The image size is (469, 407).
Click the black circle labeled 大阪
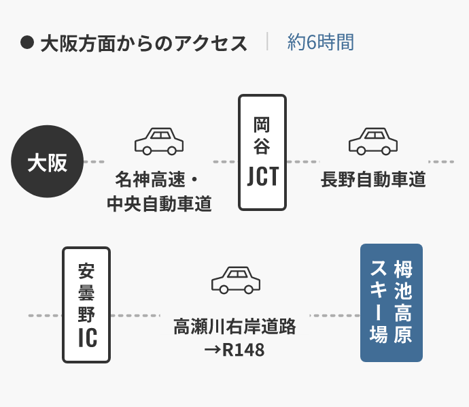click(47, 162)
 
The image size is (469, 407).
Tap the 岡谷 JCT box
click(262, 152)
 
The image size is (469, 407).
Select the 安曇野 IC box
click(86, 305)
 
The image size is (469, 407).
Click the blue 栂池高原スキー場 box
click(391, 303)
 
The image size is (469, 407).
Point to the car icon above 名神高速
click(159, 141)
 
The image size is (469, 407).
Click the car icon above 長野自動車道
click(373, 141)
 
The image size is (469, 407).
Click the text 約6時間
click(320, 43)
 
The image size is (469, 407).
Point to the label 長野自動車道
click(373, 180)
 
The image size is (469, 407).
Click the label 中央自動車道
click(159, 203)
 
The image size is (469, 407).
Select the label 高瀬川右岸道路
click(235, 327)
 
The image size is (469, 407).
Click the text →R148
click(234, 351)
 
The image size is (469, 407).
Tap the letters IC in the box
click(86, 336)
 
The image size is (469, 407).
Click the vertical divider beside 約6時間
click(268, 42)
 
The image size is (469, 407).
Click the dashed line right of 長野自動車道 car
click(442, 162)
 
